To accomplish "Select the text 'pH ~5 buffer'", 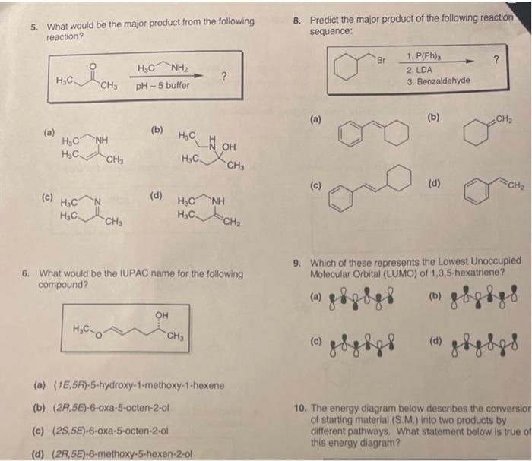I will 162,85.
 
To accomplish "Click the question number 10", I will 299,407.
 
